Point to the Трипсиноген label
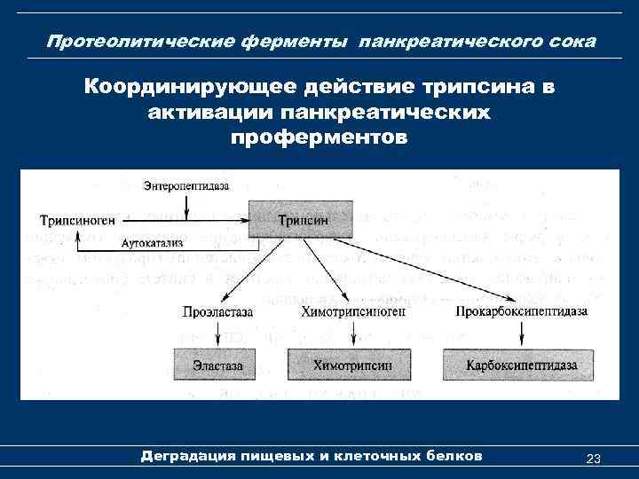[x=77, y=220]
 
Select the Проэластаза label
[x=217, y=312]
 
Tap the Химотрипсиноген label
[x=353, y=312]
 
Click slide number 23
[x=594, y=458]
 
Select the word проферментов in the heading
[x=319, y=138]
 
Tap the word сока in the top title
[x=572, y=43]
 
